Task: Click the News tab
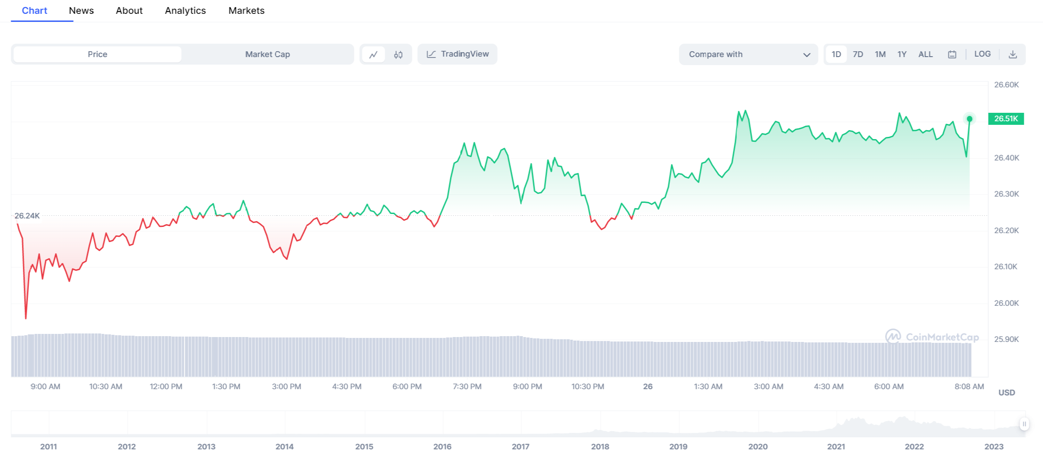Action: (x=81, y=11)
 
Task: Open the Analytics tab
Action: (x=185, y=11)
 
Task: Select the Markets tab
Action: (x=246, y=11)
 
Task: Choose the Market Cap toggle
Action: (x=267, y=54)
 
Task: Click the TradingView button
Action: (x=457, y=54)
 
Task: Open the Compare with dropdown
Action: (x=748, y=54)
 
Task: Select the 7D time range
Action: (x=858, y=54)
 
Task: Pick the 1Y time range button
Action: (x=902, y=54)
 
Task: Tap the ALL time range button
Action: (x=925, y=54)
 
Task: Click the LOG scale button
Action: (x=982, y=54)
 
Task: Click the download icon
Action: (x=1013, y=54)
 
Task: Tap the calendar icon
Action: (x=952, y=54)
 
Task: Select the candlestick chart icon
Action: (x=398, y=54)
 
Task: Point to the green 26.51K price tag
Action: (x=1006, y=119)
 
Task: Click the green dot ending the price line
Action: (x=969, y=119)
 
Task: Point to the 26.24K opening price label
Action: (x=27, y=216)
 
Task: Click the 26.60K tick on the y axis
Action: (x=1006, y=85)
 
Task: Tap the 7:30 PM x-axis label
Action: (x=467, y=387)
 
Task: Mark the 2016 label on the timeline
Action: (x=442, y=447)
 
